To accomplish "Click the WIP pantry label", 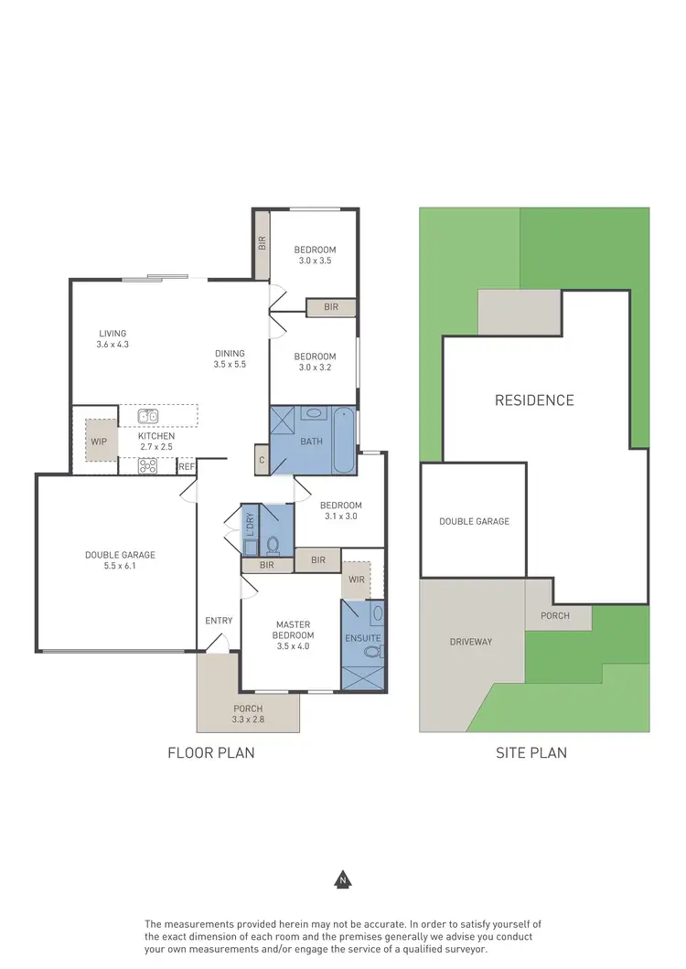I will (x=99, y=441).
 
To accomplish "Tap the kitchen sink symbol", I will (x=148, y=417).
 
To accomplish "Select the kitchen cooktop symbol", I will (x=148, y=465).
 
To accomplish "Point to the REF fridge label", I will (x=187, y=467).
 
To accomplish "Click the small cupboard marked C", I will (x=262, y=462).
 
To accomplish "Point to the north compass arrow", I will (x=343, y=879).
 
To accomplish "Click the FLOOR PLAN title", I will (x=210, y=753).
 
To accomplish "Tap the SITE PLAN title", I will (x=531, y=753).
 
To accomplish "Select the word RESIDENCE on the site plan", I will (x=534, y=400).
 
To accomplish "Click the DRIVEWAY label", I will (x=471, y=642).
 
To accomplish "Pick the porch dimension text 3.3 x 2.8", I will (x=248, y=720).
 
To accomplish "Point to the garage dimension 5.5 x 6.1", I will (x=120, y=567).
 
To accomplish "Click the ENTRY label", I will (x=219, y=621).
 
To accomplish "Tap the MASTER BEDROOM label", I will (x=295, y=630).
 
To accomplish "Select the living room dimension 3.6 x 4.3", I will (x=113, y=345).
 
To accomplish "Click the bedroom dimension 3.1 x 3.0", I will (x=340, y=516).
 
